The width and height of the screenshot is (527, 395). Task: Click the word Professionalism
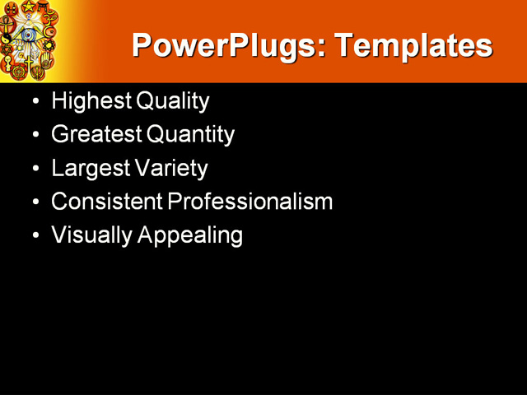click(250, 202)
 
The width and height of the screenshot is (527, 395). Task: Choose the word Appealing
click(190, 235)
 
